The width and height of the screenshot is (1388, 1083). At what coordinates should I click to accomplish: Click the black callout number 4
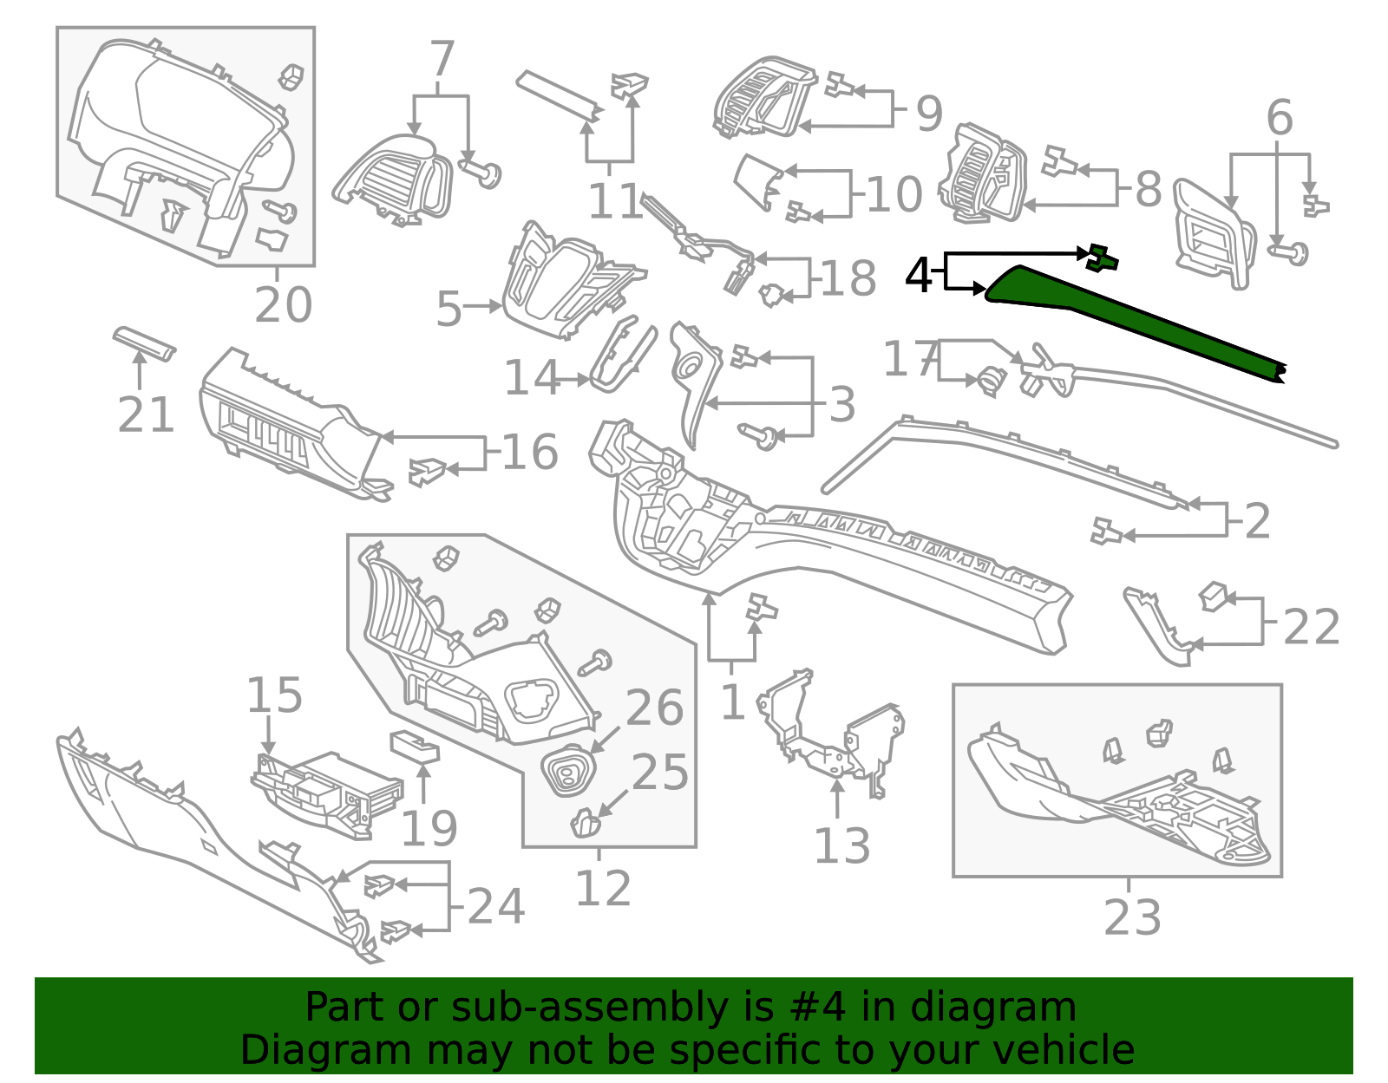tap(918, 276)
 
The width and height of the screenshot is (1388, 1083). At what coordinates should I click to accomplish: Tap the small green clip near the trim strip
tap(1101, 258)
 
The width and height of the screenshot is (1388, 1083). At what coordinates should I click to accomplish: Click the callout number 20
tap(283, 305)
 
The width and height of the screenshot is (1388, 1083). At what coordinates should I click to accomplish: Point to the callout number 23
tap(1131, 917)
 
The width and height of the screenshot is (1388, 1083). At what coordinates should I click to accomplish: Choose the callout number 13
tap(841, 846)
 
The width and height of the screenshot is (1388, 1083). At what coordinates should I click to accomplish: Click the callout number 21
tap(146, 415)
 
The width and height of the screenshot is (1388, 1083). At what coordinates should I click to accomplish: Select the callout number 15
tap(274, 695)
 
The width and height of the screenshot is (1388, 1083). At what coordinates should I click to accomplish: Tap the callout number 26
tap(654, 708)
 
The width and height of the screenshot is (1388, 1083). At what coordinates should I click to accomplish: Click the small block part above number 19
tap(415, 746)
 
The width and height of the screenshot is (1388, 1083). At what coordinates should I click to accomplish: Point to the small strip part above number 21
tap(144, 343)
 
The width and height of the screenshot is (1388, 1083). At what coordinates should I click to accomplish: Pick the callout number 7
tap(442, 60)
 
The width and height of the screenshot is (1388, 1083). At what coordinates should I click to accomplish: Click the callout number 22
tap(1311, 627)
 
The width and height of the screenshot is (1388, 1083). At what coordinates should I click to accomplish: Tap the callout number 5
tap(448, 309)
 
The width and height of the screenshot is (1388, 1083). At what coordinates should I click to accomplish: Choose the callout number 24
tap(495, 907)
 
